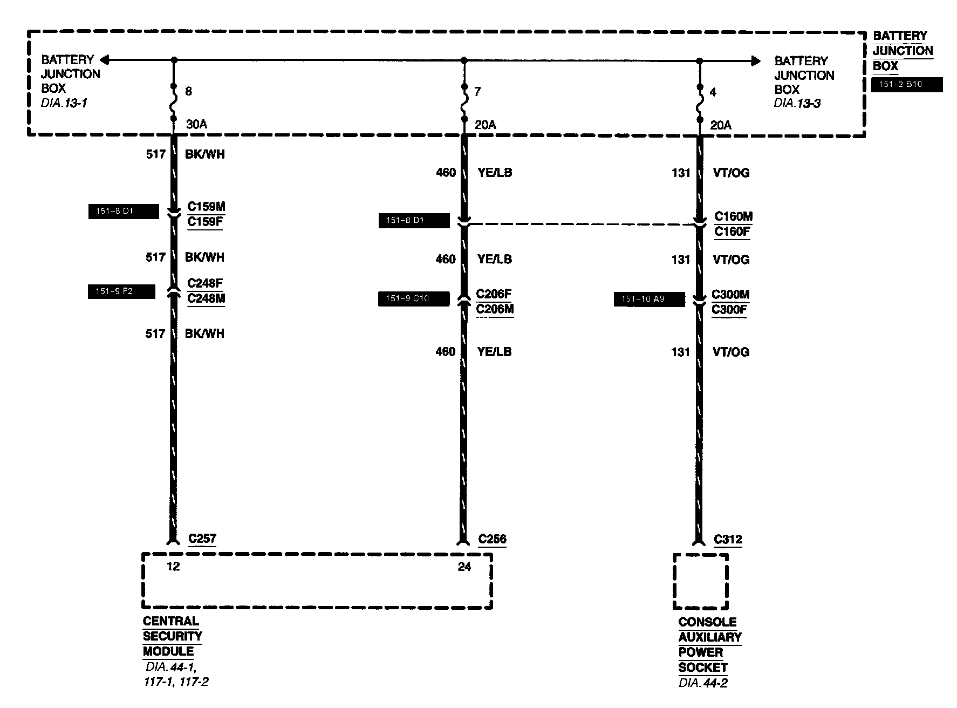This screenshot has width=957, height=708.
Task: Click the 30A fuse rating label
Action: coord(196,125)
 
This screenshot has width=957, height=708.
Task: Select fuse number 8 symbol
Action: coord(174,103)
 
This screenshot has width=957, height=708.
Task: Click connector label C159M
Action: coord(206,207)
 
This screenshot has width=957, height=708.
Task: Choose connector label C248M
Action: coord(206,299)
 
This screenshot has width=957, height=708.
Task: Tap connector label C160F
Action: coord(733,232)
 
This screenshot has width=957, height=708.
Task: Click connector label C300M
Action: coord(730,295)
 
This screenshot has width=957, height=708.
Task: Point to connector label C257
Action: coord(202,539)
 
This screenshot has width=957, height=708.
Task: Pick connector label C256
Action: coord(492,539)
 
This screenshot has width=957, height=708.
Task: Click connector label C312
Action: coord(728,540)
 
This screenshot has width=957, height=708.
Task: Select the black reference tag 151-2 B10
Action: coord(907,85)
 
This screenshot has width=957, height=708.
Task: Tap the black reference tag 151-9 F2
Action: coord(121,291)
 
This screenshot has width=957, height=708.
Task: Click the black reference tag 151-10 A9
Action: coord(649,299)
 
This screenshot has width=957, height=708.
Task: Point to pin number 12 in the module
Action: coord(173,567)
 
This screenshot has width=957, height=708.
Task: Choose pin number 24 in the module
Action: coord(464,567)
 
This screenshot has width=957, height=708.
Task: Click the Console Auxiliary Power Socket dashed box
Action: coord(700,581)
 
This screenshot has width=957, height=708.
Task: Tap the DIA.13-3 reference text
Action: coord(797,104)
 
